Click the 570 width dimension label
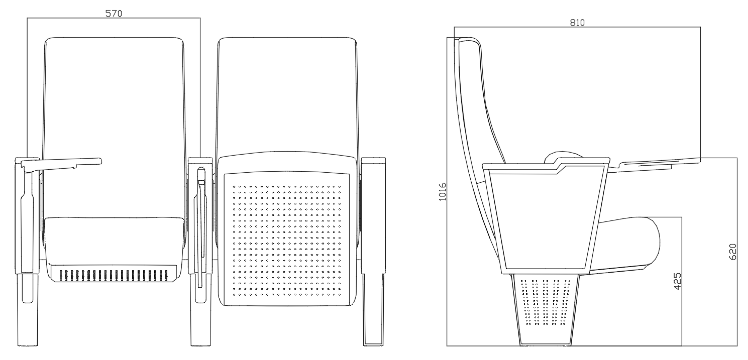pyautogui.click(x=113, y=14)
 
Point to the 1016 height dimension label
pyautogui.click(x=443, y=191)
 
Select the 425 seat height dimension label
pyautogui.click(x=677, y=282)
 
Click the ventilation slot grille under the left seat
pyautogui.click(x=114, y=275)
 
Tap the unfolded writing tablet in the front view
pyautogui.click(x=65, y=162)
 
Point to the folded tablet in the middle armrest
pyautogui.click(x=201, y=226)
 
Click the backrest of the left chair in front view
pyautogui.click(x=113, y=100)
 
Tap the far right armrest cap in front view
pyautogui.click(x=373, y=160)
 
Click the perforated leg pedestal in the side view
pyautogui.click(x=545, y=306)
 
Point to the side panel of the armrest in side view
pyautogui.click(x=545, y=216)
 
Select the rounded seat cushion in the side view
pyautogui.click(x=633, y=241)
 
